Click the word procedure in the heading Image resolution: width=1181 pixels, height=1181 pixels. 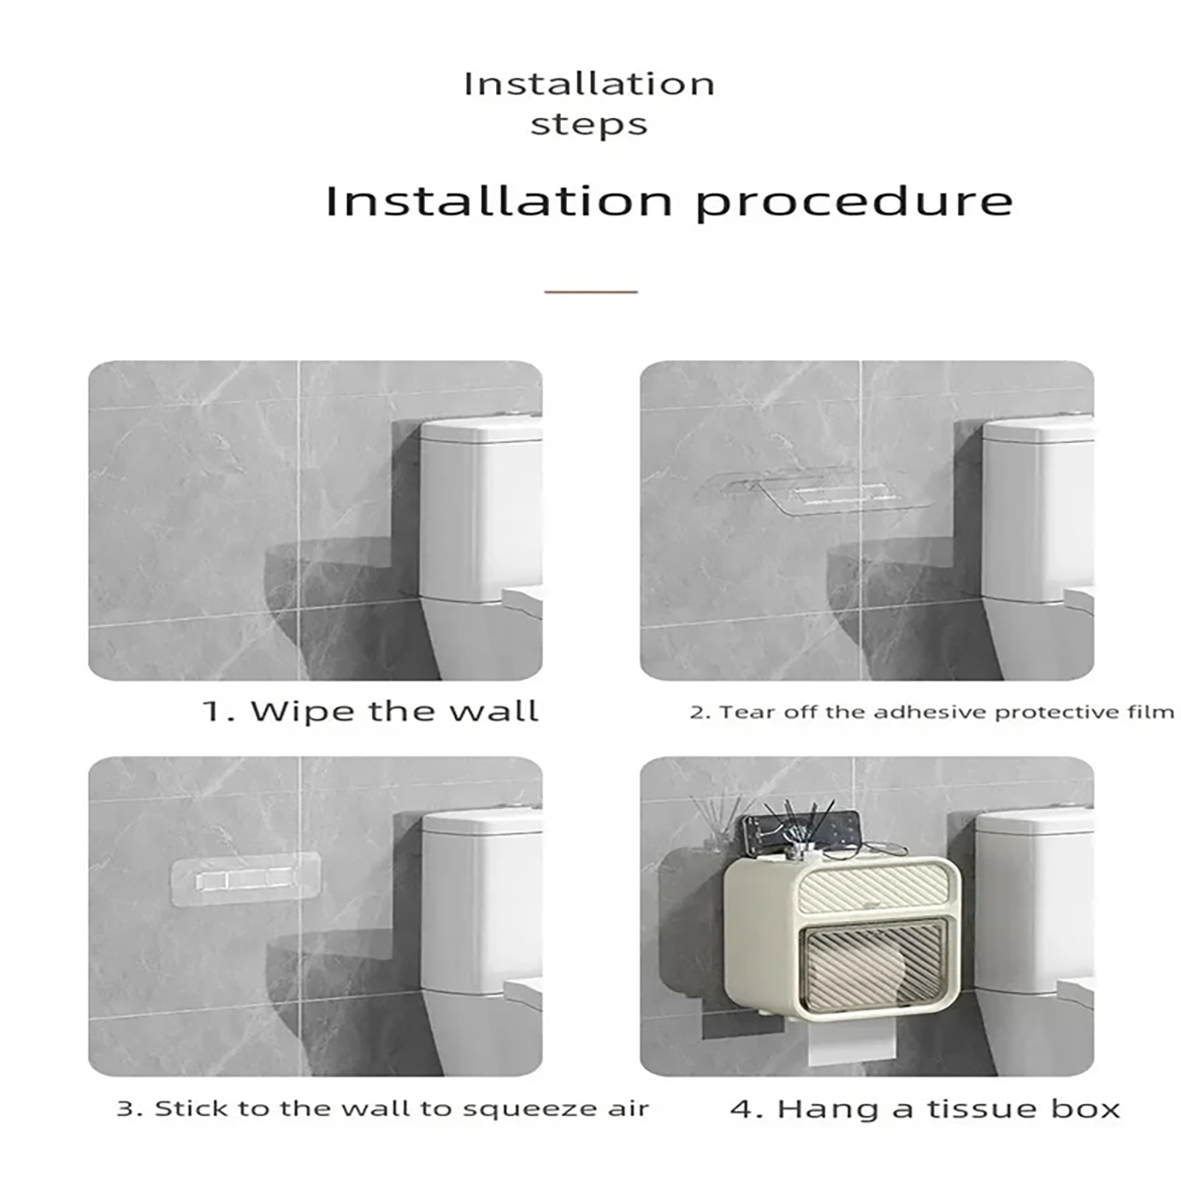click(854, 202)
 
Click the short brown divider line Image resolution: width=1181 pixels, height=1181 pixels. click(590, 292)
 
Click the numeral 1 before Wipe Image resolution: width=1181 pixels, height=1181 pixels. click(213, 712)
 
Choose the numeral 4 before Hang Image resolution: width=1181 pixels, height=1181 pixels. click(741, 1109)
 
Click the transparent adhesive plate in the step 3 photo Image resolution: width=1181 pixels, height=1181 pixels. click(245, 879)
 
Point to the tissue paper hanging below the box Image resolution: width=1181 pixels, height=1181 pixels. click(853, 1042)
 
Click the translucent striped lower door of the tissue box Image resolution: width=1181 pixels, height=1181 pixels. click(874, 965)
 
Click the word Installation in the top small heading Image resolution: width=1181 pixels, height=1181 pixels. click(589, 84)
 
